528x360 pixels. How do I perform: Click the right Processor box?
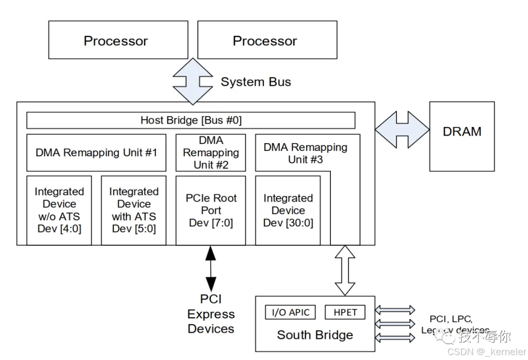click(x=267, y=40)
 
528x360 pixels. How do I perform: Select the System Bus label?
click(x=256, y=82)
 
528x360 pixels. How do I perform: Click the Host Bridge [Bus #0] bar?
click(x=191, y=120)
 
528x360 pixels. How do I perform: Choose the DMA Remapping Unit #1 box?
click(x=96, y=152)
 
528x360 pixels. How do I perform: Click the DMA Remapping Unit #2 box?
click(x=211, y=152)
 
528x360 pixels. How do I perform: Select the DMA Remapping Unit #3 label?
click(x=305, y=153)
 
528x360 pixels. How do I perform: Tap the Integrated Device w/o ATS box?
click(x=59, y=210)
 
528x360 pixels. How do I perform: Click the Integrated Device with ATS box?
click(x=133, y=210)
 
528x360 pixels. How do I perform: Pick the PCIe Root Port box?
click(x=211, y=210)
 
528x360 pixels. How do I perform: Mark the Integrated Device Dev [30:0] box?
click(x=288, y=210)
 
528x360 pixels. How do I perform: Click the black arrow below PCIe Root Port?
click(x=211, y=268)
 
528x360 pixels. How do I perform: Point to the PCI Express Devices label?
click(x=211, y=314)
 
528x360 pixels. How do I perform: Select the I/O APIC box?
click(x=290, y=313)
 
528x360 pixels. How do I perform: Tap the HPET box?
click(x=345, y=313)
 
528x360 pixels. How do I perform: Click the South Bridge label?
click(x=315, y=335)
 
